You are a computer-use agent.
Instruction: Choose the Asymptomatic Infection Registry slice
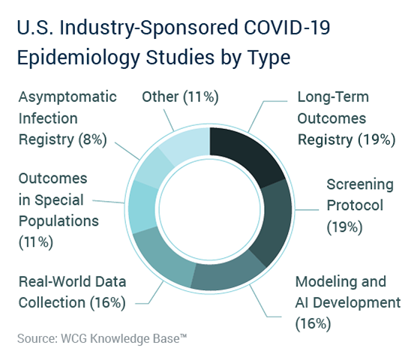(x=154, y=168)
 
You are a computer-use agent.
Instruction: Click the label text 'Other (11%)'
(x=180, y=97)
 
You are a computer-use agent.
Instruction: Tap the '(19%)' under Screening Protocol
(x=344, y=227)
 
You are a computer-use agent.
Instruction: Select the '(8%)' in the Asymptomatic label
(x=92, y=139)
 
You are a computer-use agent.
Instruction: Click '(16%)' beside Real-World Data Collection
(x=108, y=303)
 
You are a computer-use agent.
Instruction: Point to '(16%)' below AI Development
(x=313, y=323)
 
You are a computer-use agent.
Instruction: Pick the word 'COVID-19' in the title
(x=286, y=27)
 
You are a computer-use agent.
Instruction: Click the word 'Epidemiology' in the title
(x=79, y=58)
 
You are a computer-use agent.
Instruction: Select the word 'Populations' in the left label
(x=58, y=221)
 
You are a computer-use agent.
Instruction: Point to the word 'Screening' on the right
(x=360, y=184)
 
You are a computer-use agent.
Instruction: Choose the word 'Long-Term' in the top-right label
(x=333, y=97)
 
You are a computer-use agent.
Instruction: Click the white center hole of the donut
(x=210, y=209)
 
